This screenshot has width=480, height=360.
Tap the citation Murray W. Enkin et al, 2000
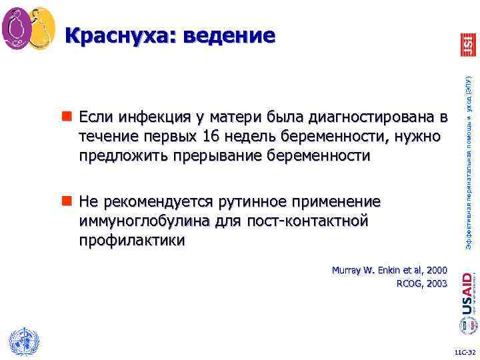[x=389, y=271]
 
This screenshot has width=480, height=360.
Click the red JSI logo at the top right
[x=467, y=44]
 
